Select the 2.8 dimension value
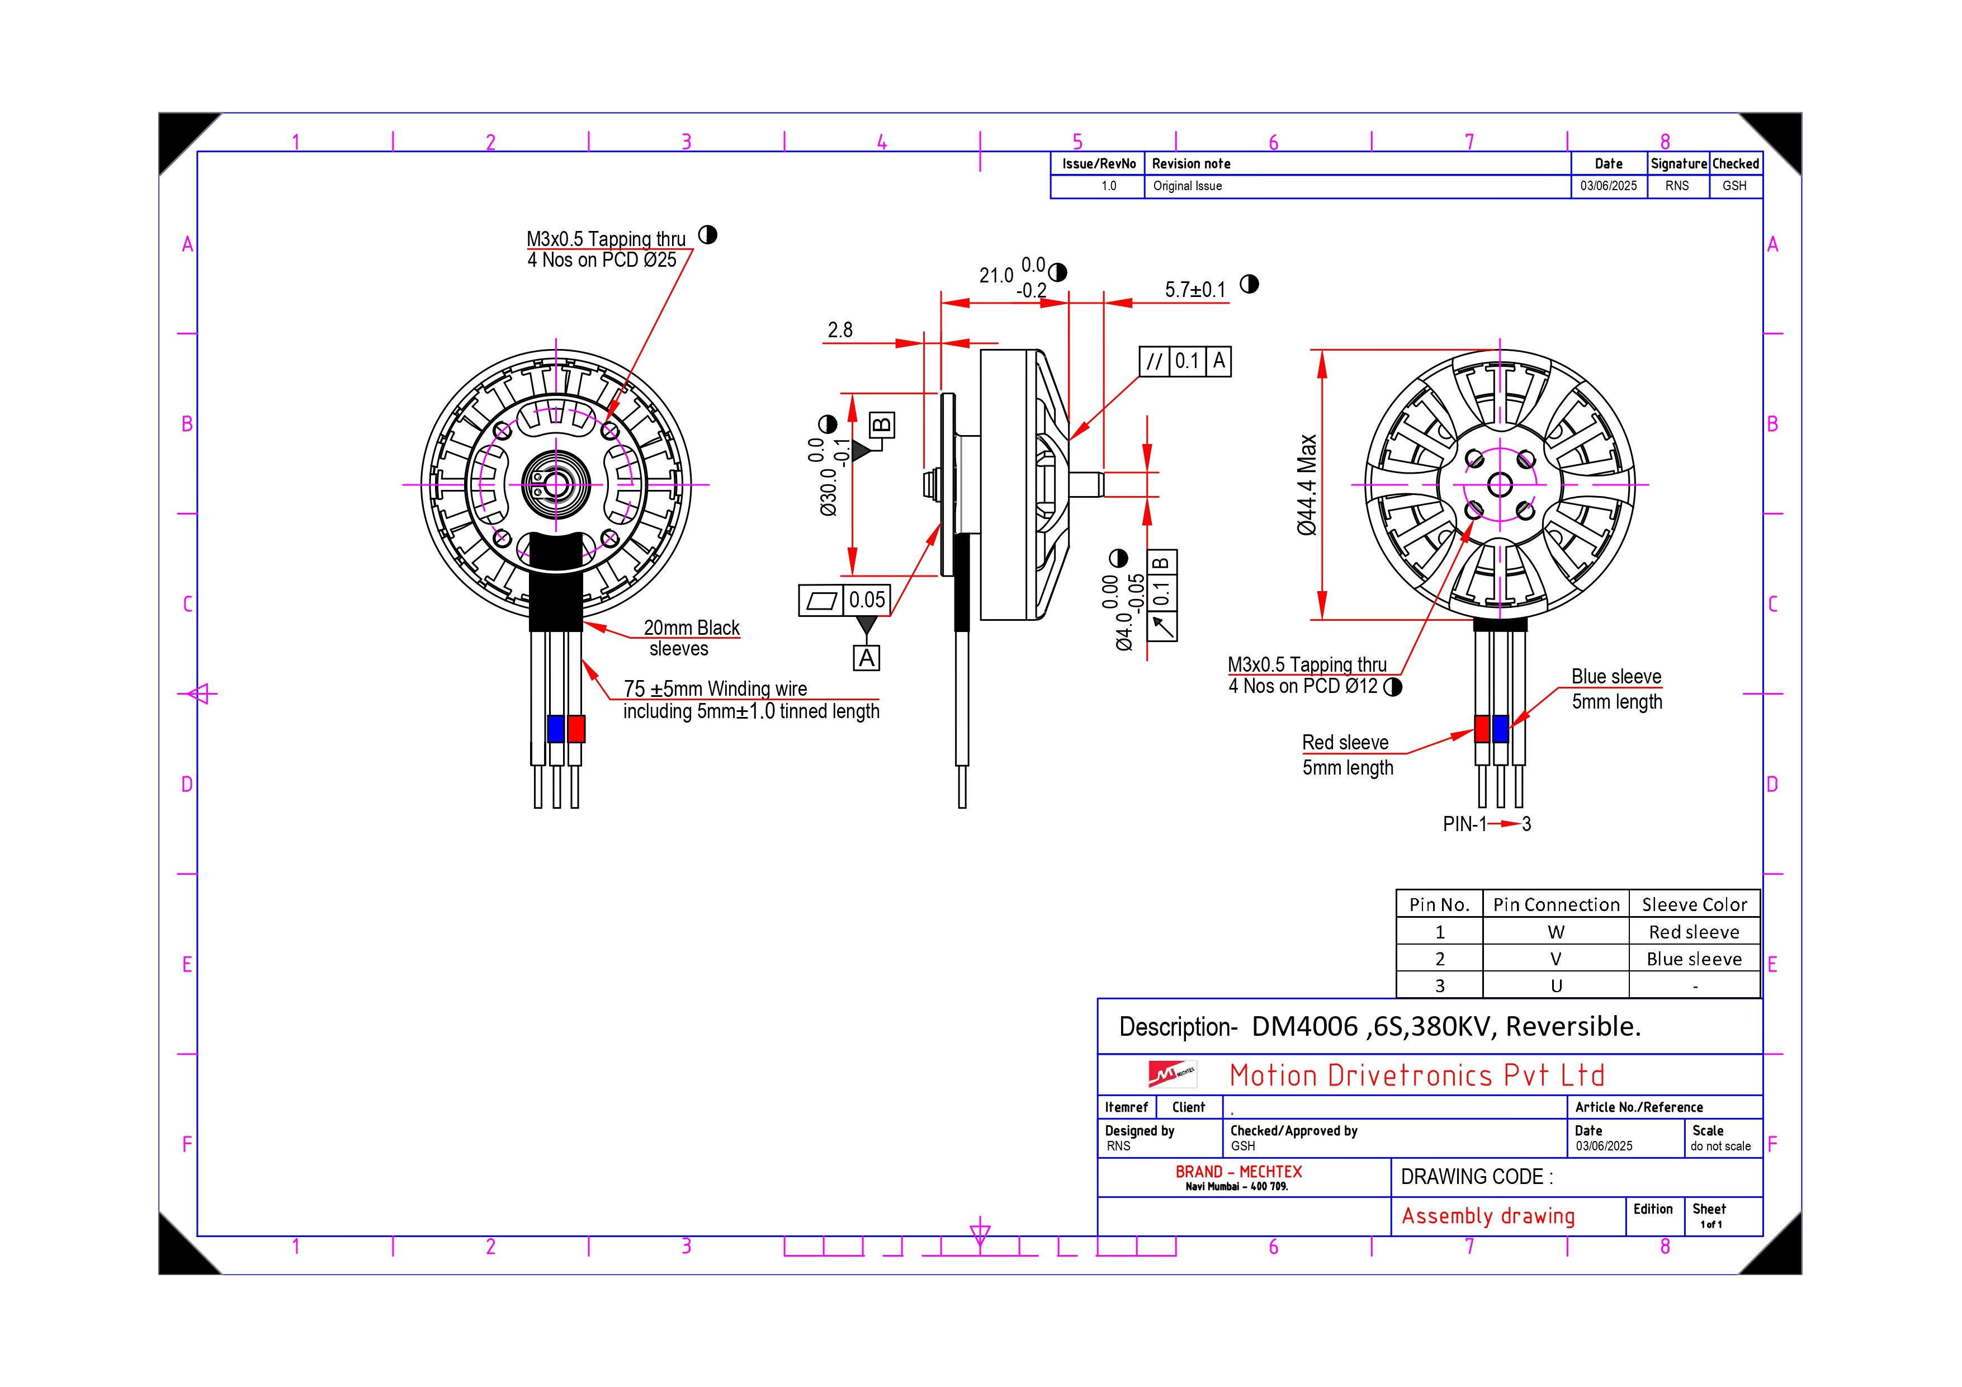[839, 330]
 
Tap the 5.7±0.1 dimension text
[1195, 290]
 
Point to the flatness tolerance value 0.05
[867, 600]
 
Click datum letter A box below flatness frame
[867, 658]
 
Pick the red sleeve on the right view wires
[1482, 729]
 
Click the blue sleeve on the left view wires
[555, 729]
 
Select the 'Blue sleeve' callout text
[1616, 677]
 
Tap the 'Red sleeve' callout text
[1345, 743]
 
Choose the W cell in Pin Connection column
[1556, 932]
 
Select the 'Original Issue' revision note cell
[1187, 186]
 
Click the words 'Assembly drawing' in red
[1488, 1216]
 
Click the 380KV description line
[1380, 1026]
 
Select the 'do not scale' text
[1720, 1147]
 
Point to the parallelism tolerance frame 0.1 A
[1185, 361]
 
